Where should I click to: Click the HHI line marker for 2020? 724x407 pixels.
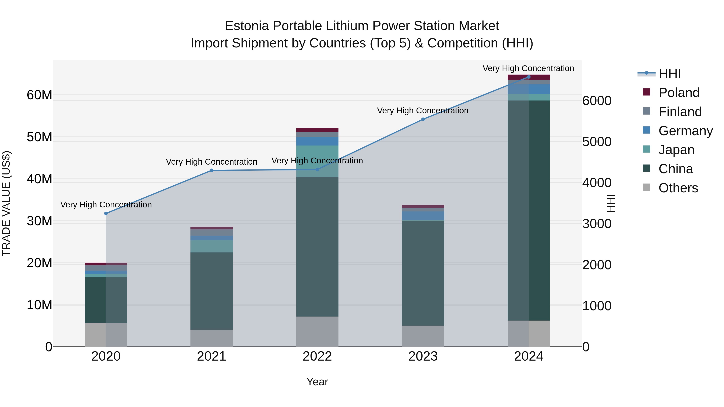[106, 213]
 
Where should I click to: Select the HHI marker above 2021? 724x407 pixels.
[212, 170]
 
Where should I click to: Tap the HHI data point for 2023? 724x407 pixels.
[423, 119]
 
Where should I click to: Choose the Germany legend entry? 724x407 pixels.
[685, 131]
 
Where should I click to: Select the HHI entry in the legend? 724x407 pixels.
[669, 74]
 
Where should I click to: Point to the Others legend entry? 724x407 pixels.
[678, 188]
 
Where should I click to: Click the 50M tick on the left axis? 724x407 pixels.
[39, 137]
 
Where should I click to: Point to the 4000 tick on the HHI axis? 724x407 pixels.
[597, 183]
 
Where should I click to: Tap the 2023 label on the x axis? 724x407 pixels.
[423, 356]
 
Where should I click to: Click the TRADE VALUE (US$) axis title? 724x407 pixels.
[6, 203]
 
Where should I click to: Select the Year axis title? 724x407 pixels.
[317, 382]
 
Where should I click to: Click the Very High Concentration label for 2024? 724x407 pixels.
[528, 68]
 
